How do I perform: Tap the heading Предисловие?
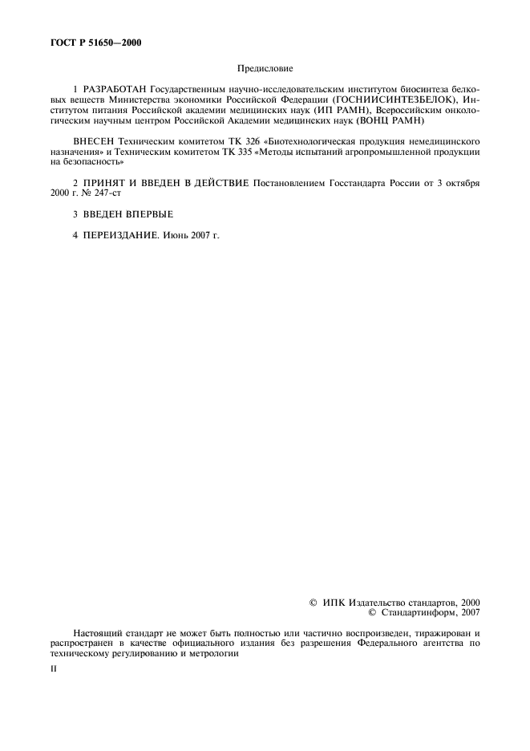pos(264,71)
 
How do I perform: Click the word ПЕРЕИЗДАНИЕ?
pos(117,237)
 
